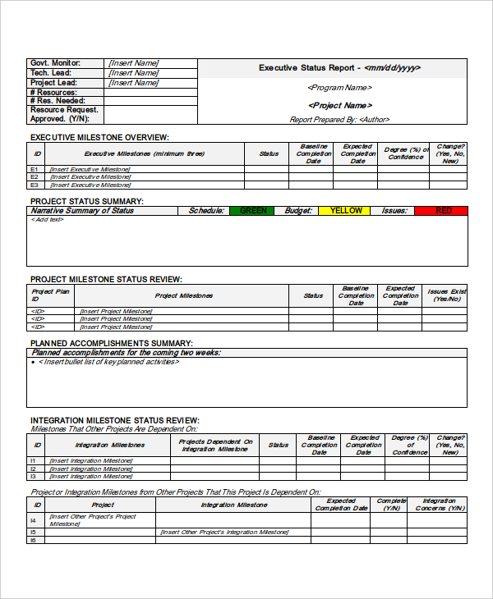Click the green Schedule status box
pos(253,211)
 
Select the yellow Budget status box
pos(346,211)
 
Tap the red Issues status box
pos(443,211)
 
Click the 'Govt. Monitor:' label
pos(56,63)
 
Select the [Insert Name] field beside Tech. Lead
pos(133,73)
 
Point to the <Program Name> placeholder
pos(339,88)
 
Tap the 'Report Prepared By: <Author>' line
pos(339,120)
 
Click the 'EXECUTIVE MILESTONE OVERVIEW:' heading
pos(99,137)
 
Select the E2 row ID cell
pos(35,176)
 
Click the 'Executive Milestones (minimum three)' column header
pos(145,153)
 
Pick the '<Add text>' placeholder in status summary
pos(48,220)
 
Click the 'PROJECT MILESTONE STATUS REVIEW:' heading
pos(106,279)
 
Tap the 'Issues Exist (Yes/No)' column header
pos(446,295)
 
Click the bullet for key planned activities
pos(34,362)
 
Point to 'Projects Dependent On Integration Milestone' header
pos(215,445)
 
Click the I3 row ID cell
pos(35,476)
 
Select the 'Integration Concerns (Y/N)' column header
pos(439,505)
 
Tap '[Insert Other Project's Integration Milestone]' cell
pos(224,532)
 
